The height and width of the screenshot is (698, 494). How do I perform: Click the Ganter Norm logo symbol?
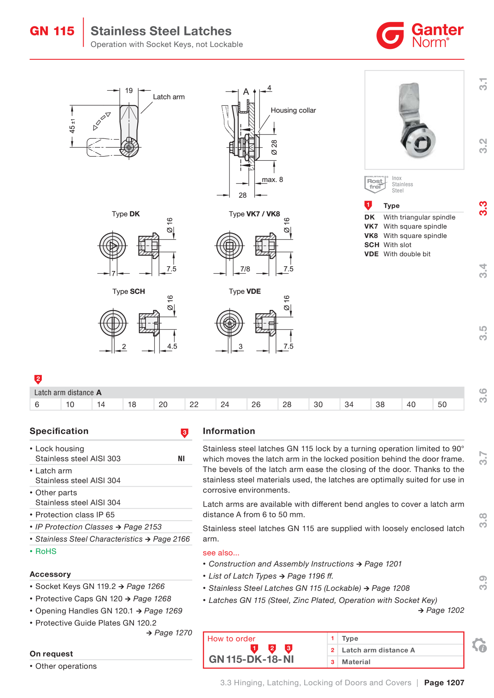pos(390,35)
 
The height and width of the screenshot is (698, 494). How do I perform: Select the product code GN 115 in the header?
pos(52,31)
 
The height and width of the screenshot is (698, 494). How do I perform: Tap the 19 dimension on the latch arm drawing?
pos(129,91)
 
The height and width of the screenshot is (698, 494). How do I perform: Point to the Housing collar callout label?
pos(293,110)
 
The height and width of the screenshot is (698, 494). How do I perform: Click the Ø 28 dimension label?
pos(274,147)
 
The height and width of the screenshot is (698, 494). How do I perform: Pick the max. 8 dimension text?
pos(272,180)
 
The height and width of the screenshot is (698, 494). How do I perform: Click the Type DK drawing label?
pos(126,214)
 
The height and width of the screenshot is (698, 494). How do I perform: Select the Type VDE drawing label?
pos(245,291)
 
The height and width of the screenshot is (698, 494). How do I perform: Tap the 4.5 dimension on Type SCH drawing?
pos(172,346)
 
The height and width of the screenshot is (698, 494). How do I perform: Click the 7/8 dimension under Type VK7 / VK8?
pos(245,269)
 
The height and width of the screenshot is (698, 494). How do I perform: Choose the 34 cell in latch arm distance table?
pos(349,404)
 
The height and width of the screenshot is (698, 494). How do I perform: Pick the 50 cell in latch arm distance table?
pos(442,404)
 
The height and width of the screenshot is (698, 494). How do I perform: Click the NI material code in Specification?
pos(181,458)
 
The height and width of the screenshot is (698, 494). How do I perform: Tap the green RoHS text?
pos(46,551)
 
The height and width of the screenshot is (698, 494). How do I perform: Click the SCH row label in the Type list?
pos(372,245)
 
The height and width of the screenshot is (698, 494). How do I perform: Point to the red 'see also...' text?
pos(221,553)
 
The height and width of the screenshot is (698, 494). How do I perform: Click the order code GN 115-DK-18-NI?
pos(251,659)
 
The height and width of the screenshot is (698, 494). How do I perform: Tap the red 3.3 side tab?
pos(483,209)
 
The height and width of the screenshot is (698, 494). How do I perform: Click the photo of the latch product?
pos(414,120)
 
